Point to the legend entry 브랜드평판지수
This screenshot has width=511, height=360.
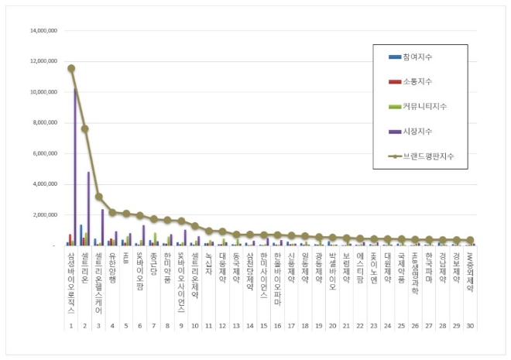tap(427, 156)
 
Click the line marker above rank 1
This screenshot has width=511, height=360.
tap(71, 68)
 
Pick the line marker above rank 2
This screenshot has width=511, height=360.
tap(85, 129)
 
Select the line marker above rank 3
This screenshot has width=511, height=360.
tap(99, 197)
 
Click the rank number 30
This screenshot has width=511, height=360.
tap(470, 327)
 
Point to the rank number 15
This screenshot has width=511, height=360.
tap(264, 327)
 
